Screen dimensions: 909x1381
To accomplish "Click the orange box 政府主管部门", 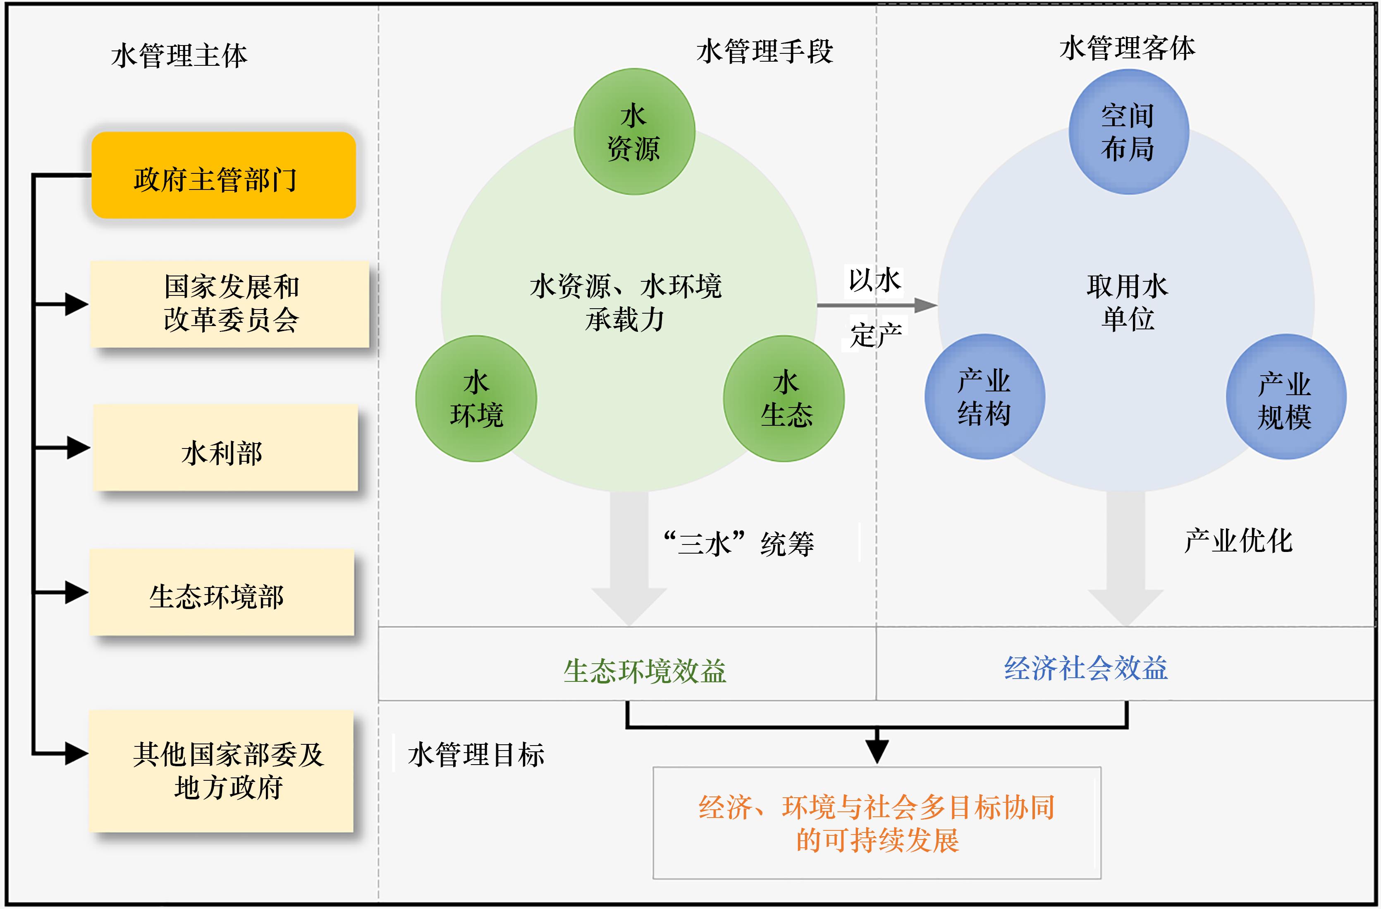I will (x=223, y=175).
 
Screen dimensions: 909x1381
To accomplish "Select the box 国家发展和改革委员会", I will (x=230, y=304).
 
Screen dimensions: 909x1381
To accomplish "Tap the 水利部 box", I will (x=225, y=448).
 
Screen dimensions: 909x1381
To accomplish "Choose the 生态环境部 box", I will (x=221, y=592).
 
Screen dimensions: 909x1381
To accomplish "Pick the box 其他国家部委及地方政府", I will (x=221, y=771).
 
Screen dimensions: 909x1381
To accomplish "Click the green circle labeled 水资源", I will (x=634, y=132).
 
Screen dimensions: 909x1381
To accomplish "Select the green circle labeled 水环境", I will (x=476, y=399).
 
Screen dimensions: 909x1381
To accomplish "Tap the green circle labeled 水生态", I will (x=784, y=399).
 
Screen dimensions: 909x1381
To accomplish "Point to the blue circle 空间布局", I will (x=1129, y=132).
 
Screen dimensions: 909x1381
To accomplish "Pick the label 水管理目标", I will (x=476, y=755).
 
